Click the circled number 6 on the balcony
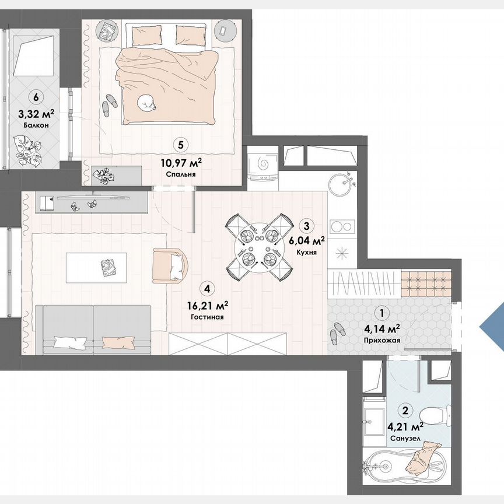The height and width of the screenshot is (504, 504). coord(36,97)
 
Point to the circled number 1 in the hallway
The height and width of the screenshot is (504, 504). coord(383,313)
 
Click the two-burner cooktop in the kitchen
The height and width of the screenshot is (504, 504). coord(340,225)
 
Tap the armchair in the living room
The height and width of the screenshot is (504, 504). coord(170,265)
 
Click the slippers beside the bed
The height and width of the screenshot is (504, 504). coord(109,106)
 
